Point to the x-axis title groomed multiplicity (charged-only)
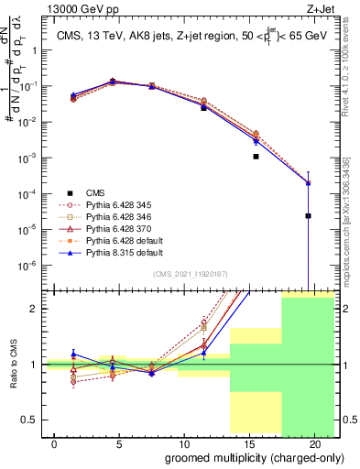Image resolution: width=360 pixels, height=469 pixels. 254,457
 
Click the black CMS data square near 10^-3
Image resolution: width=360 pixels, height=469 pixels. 256,157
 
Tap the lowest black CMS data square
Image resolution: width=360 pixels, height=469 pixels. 308,216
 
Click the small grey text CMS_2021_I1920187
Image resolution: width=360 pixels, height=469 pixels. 190,273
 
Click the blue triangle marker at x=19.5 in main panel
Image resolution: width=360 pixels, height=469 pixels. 308,182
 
